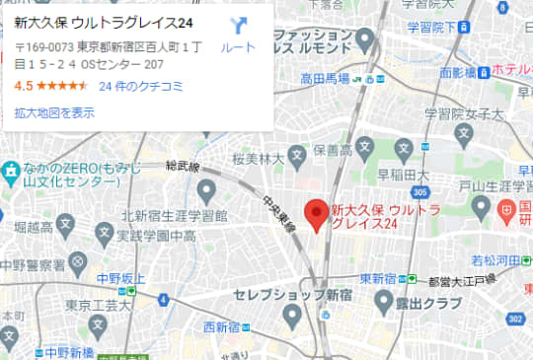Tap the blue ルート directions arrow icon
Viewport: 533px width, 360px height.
point(238,27)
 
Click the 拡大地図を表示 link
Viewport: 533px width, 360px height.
point(54,112)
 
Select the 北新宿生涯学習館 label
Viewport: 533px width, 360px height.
point(175,215)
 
